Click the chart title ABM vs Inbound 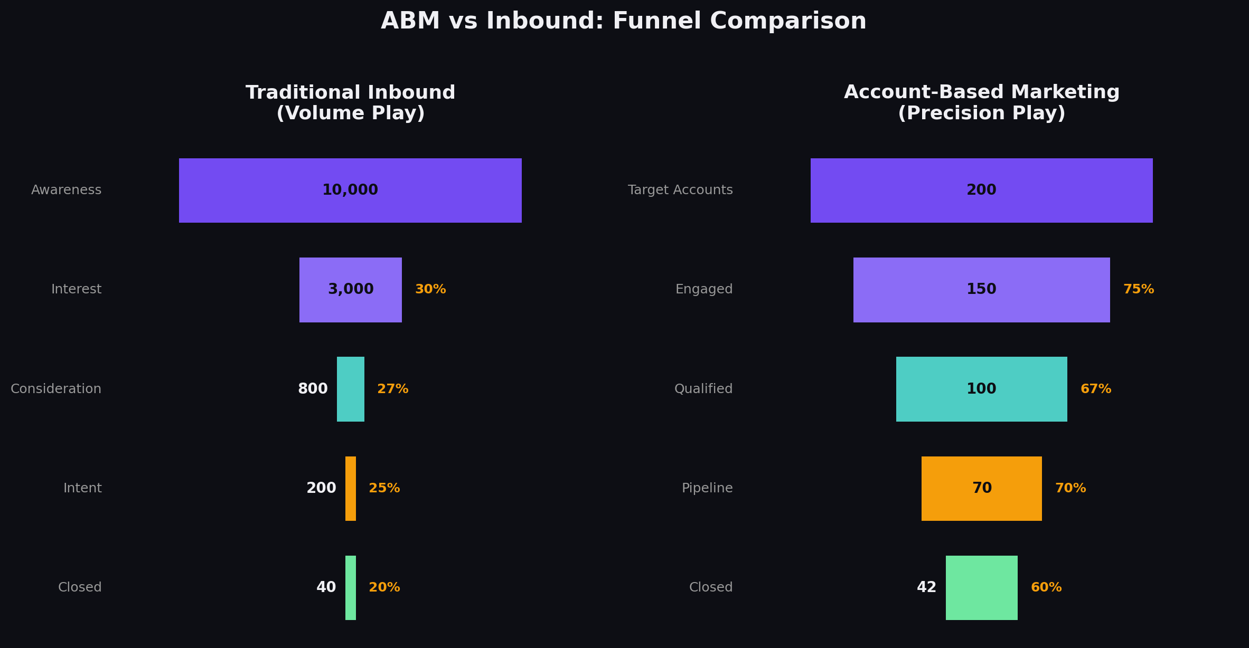tap(623, 22)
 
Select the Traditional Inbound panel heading tap(350, 103)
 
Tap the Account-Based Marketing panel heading tap(981, 103)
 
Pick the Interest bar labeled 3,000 tap(350, 290)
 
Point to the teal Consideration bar tap(350, 389)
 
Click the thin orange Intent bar tap(350, 489)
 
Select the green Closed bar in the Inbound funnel tap(350, 587)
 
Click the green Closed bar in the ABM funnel tap(981, 587)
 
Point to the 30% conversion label tap(430, 290)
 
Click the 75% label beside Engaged tap(1138, 290)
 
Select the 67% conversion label tap(1095, 389)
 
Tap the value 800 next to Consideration tap(313, 389)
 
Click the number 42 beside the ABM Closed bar tap(926, 588)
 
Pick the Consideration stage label tap(56, 389)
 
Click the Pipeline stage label tap(707, 489)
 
